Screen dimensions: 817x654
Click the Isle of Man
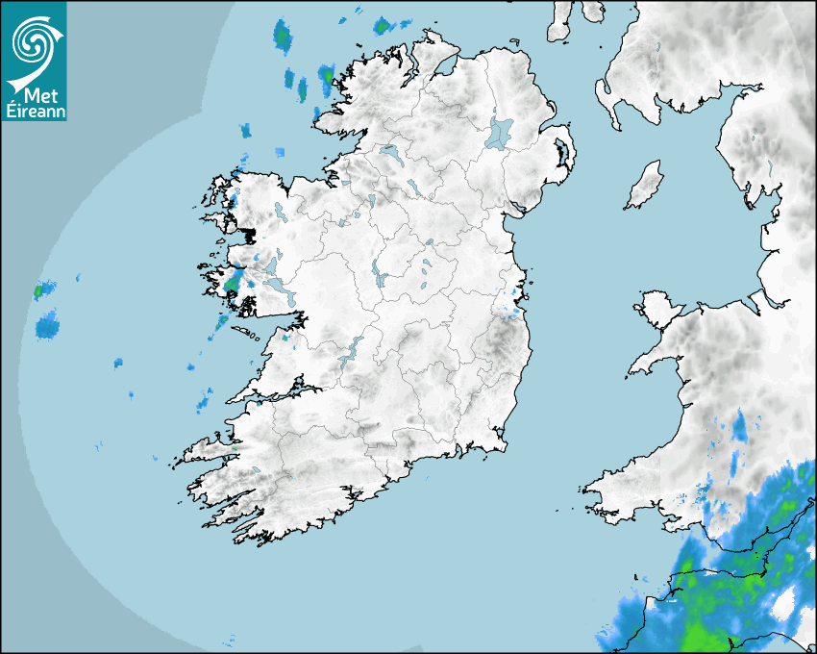pos(645,186)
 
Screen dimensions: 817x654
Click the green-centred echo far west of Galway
pos(40,289)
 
